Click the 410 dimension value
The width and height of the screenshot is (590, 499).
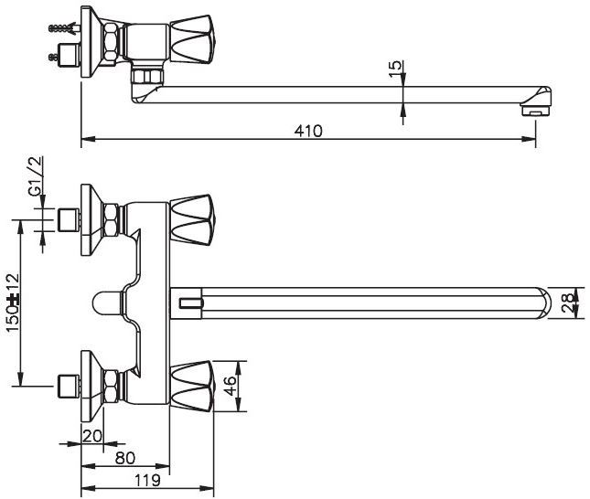click(x=308, y=131)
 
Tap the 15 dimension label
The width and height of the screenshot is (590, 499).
click(x=395, y=69)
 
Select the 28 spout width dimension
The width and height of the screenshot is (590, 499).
click(x=569, y=303)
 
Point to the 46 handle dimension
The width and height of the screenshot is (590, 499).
click(x=230, y=386)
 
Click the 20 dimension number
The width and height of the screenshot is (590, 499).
click(x=92, y=436)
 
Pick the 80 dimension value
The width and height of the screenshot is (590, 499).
click(x=125, y=458)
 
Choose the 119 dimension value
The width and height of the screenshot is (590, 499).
click(x=147, y=480)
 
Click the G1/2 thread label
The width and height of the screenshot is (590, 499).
click(x=36, y=175)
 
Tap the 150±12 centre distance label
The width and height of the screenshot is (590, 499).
click(x=13, y=303)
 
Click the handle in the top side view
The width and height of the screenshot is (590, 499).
click(x=192, y=39)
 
